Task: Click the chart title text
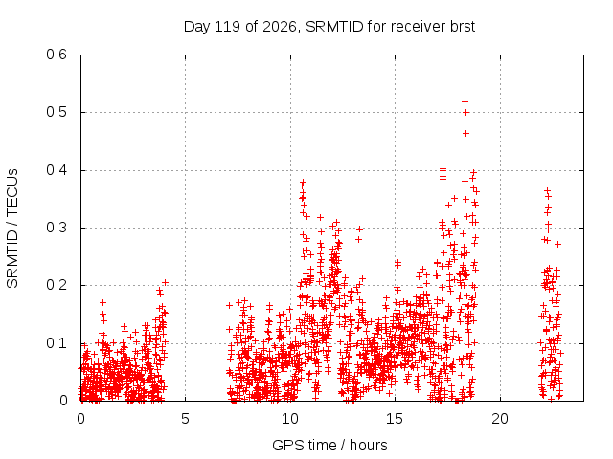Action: coord(329,27)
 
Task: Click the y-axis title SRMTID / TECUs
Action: coord(12,229)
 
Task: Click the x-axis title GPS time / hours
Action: coord(329,445)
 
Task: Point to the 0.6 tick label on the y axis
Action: coord(57,55)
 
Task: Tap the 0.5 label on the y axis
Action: coord(57,112)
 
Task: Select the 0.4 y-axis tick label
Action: coord(57,170)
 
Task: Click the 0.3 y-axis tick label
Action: coord(57,228)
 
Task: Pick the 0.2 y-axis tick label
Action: coord(57,285)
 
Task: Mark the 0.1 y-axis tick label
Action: coord(57,343)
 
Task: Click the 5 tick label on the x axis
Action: coord(185,419)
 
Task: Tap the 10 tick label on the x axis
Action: coord(290,419)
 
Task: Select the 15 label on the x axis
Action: coord(395,419)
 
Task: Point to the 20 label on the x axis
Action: coord(500,419)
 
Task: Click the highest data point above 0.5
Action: coord(465,102)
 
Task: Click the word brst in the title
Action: coord(462,27)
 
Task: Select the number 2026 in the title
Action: coord(280,27)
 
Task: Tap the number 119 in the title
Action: coord(228,27)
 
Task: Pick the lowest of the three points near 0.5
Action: coord(465,134)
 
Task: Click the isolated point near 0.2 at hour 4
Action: coord(165,283)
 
